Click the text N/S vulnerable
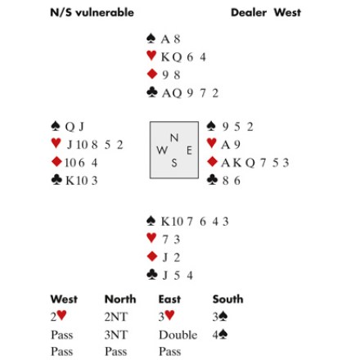(92, 12)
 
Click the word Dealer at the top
(249, 12)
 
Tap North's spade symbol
(151, 38)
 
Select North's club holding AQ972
(190, 93)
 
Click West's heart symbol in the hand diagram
(56, 143)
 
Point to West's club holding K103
(81, 181)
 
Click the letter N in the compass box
(174, 137)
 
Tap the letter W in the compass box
(162, 150)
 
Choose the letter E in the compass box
(189, 151)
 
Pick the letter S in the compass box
(174, 163)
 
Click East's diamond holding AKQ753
(255, 163)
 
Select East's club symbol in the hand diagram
(212, 180)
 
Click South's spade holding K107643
(195, 222)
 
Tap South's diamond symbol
(152, 256)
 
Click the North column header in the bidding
(120, 299)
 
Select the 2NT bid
(116, 317)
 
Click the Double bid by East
(178, 335)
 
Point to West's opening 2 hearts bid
(58, 317)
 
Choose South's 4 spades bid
(220, 335)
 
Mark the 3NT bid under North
(116, 335)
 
